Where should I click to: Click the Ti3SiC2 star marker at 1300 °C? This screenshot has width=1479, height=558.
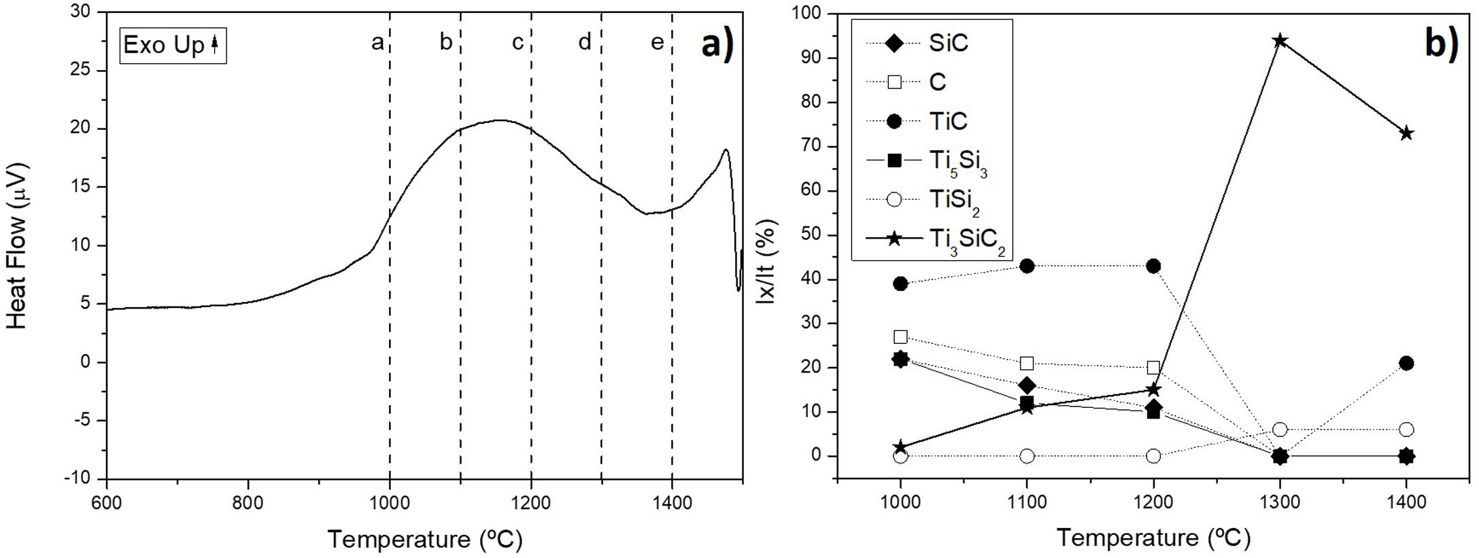pos(1280,41)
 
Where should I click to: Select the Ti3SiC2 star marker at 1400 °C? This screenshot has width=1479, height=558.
pos(1407,133)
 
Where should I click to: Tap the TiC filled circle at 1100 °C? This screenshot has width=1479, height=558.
pos(1027,266)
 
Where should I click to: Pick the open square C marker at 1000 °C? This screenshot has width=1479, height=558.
pos(900,336)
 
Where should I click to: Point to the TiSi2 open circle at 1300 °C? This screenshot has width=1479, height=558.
pos(1280,430)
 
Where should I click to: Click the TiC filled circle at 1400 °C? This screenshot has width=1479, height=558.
pos(1407,364)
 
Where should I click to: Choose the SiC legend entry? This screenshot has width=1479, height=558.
pos(948,43)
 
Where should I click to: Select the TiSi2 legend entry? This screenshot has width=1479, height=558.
pos(953,200)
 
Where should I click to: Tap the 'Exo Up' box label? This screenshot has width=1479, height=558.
pos(172,45)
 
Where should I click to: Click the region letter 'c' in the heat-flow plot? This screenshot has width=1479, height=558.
pos(517,43)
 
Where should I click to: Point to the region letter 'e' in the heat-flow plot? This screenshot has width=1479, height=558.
pos(657,43)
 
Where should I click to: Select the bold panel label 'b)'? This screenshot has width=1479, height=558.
pos(1441,43)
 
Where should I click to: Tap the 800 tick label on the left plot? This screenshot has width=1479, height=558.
pos(248,504)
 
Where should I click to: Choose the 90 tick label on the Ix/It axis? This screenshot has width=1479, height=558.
pos(813,58)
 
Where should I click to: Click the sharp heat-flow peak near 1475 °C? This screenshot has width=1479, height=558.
pos(726,150)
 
